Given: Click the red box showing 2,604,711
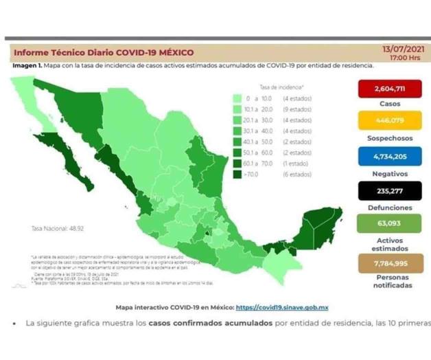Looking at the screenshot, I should pos(388,89).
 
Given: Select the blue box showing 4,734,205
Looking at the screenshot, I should pos(388,156).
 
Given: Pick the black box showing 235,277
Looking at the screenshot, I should pos(388,190).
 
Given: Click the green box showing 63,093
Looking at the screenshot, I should pos(388,223).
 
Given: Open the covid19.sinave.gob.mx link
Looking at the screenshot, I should pos(282,308).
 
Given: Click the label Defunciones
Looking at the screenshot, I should pos(388,207).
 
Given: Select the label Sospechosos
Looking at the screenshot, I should pos(388,141).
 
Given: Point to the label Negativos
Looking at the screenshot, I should pos(388,174).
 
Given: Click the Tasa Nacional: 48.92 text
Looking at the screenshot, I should pos(56,227).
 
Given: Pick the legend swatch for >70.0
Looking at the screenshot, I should pos(237,175).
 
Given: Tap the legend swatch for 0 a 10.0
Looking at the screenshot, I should pos(237,98).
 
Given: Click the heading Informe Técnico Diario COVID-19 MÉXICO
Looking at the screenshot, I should pos(104,52).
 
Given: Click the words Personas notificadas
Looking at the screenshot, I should pos(388,282).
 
